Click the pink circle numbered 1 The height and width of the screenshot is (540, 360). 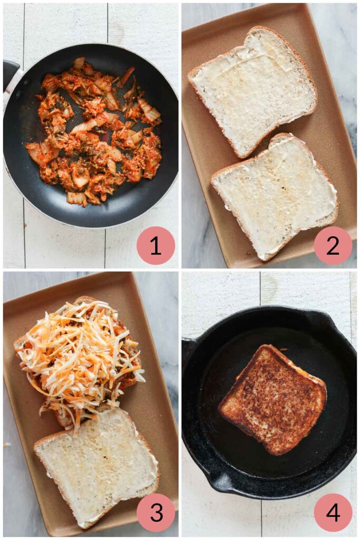pyautogui.click(x=155, y=246)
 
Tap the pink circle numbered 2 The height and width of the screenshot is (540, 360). pyautogui.click(x=333, y=246)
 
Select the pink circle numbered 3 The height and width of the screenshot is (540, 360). pyautogui.click(x=155, y=512)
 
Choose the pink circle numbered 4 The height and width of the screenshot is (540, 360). pyautogui.click(x=333, y=512)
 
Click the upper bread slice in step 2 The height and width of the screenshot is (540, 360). pyautogui.click(x=252, y=90)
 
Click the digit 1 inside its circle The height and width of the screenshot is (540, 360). pyautogui.click(x=155, y=246)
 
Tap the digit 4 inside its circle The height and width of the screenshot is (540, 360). pyautogui.click(x=333, y=512)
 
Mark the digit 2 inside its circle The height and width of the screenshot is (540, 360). pyautogui.click(x=333, y=246)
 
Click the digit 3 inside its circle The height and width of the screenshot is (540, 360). pyautogui.click(x=155, y=512)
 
